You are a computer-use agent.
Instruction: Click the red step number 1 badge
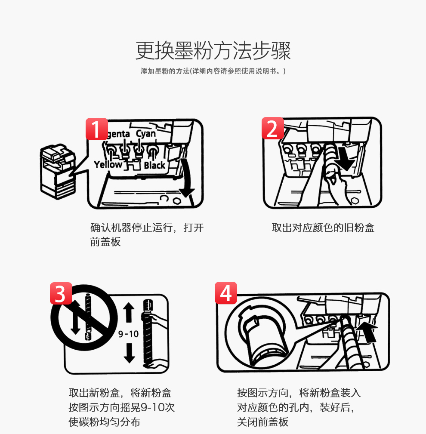pyautogui.click(x=97, y=129)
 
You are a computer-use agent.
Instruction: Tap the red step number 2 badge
pyautogui.click(x=272, y=128)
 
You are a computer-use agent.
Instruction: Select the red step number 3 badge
pyautogui.click(x=61, y=293)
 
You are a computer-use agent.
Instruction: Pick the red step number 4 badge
pyautogui.click(x=226, y=293)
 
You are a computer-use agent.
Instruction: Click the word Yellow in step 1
pyautogui.click(x=108, y=164)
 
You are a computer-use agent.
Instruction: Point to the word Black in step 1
pyautogui.click(x=154, y=166)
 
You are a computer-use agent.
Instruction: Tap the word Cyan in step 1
pyautogui.click(x=146, y=134)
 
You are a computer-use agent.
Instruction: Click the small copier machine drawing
pyautogui.click(x=58, y=171)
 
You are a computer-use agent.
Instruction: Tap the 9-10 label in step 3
pyautogui.click(x=128, y=334)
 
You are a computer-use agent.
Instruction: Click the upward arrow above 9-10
pyautogui.click(x=129, y=313)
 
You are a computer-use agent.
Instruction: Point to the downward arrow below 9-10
pyautogui.click(x=129, y=353)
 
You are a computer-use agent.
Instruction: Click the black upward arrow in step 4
pyautogui.click(x=367, y=332)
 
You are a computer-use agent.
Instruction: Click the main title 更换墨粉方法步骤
pyautogui.click(x=213, y=50)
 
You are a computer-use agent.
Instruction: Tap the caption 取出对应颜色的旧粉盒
pyautogui.click(x=323, y=228)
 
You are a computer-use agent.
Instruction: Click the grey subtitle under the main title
pyautogui.click(x=213, y=71)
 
